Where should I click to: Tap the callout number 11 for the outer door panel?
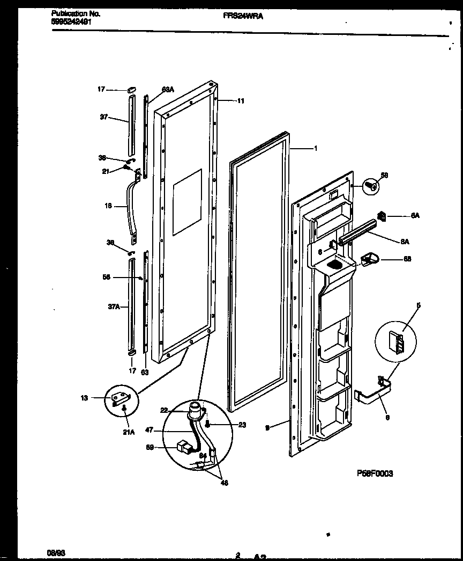pos(241,100)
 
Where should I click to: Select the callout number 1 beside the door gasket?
pos(315,148)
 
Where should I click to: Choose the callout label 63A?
pos(168,90)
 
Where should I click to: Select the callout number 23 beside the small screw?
pos(242,425)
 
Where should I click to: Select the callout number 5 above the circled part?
pos(419,305)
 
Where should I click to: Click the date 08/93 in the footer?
pos(54,552)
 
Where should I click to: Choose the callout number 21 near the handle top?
pos(106,171)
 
